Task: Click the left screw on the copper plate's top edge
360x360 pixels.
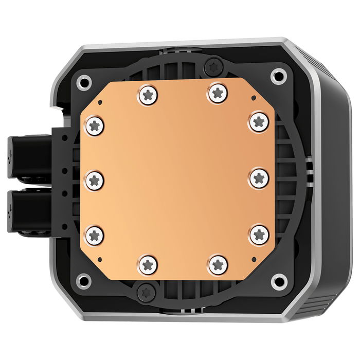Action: [148, 94]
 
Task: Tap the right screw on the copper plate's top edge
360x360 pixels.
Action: [217, 94]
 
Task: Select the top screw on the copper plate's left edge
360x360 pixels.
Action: [96, 124]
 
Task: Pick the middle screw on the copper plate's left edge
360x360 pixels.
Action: [96, 180]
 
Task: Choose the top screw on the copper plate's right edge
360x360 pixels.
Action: [258, 122]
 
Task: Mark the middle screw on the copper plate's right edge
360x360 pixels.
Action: [258, 178]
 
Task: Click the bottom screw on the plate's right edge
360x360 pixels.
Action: [258, 235]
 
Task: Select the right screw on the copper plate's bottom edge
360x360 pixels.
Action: [219, 264]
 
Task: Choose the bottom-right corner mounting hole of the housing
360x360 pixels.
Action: [279, 281]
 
